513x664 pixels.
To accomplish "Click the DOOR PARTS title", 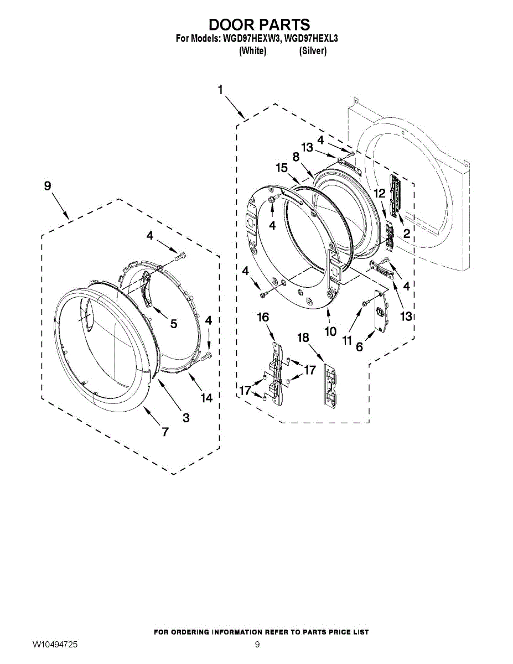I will coord(259,25).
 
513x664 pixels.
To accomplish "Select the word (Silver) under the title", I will coord(313,51).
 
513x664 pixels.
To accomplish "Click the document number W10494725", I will coord(55,645).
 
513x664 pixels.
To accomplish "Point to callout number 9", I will coord(48,186).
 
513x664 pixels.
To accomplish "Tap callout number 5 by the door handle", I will coord(174,324).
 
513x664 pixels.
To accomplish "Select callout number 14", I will coord(206,398).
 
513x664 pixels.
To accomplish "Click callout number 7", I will coord(165,432).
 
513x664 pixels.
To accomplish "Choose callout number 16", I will coord(263,317).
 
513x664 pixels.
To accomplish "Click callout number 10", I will coord(330,331).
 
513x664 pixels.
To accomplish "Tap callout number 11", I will coord(347,340).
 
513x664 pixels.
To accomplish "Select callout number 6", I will coord(359,347).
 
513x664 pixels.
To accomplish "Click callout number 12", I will coord(379,194).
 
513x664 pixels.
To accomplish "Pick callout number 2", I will coord(406,234).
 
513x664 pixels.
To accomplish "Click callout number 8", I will coord(297,157).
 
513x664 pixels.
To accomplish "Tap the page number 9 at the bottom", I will coord(257,645).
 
